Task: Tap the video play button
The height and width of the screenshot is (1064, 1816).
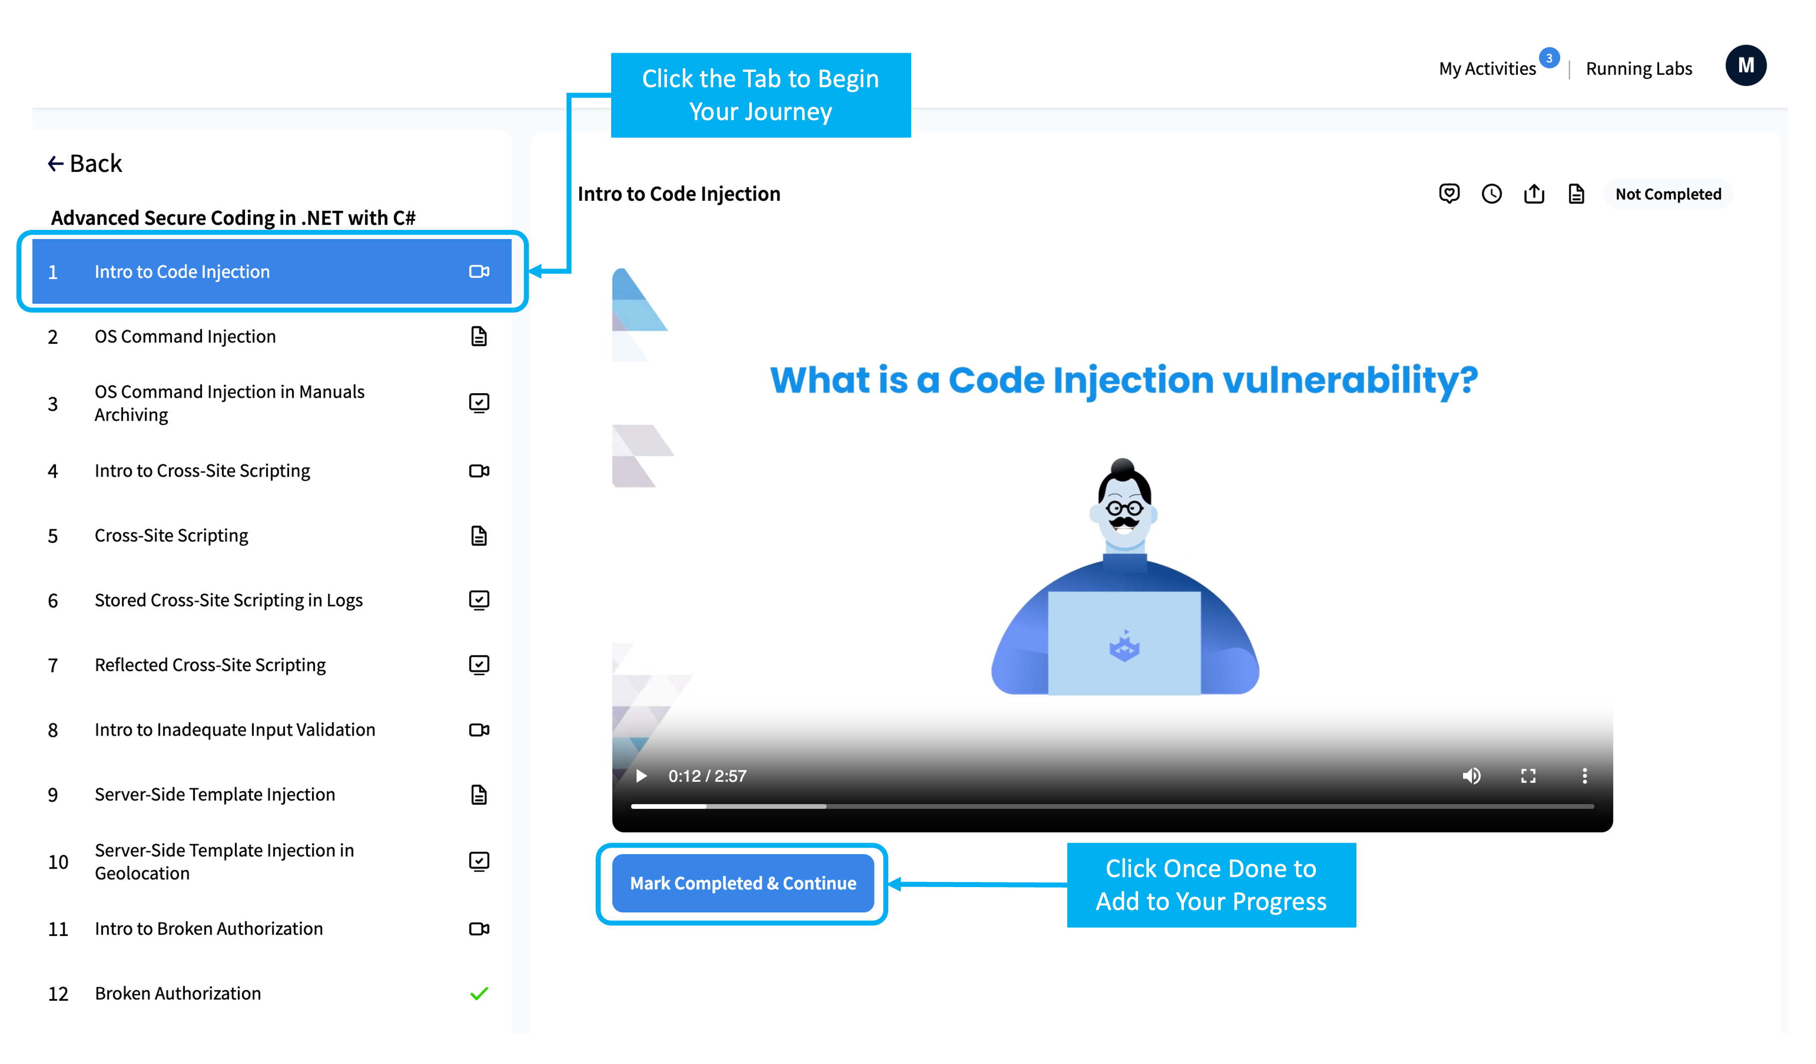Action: pyautogui.click(x=641, y=776)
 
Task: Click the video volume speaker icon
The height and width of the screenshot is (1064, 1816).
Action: pyautogui.click(x=1471, y=776)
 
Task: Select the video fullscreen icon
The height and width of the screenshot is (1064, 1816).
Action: pyautogui.click(x=1528, y=776)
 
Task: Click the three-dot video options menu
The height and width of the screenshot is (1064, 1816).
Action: pyautogui.click(x=1584, y=776)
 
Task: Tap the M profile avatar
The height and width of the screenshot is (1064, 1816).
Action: pyautogui.click(x=1745, y=66)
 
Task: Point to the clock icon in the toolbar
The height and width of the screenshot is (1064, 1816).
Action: pyautogui.click(x=1491, y=194)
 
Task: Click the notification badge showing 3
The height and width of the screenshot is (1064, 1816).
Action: pyautogui.click(x=1549, y=58)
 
